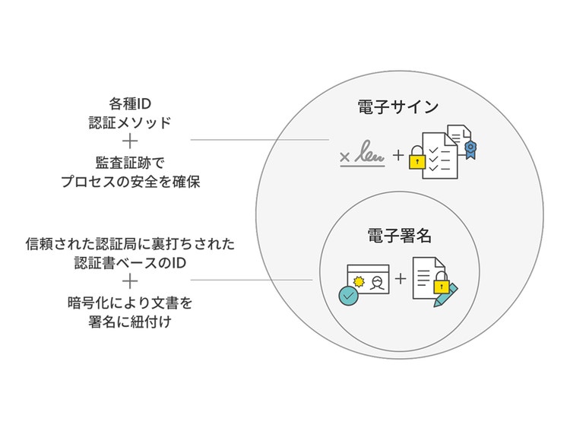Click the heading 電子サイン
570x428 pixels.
coord(397,106)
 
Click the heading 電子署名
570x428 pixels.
coord(399,236)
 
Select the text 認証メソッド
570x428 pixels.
coord(131,122)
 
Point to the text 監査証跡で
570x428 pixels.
coord(131,163)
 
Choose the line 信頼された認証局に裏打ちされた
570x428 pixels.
coord(130,245)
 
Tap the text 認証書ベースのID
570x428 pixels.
coord(130,263)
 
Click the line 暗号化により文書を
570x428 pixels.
coord(130,303)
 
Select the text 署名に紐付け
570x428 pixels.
coord(130,322)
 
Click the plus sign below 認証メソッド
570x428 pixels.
coord(131,141)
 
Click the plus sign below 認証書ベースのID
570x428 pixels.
coord(130,283)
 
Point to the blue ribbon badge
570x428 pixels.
coord(471,149)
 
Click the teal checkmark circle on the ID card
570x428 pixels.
coord(348,294)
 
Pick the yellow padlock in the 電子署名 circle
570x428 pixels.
coord(439,284)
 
